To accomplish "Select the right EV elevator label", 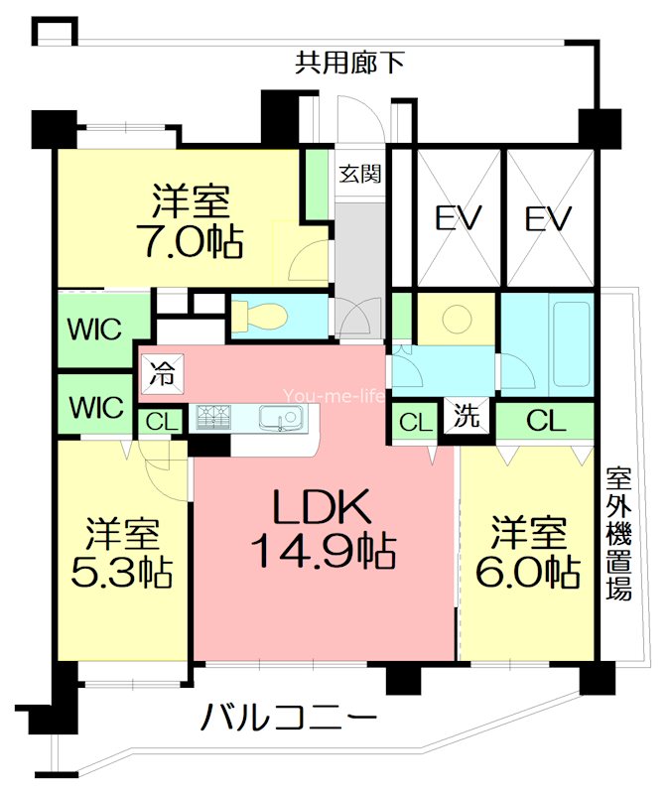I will (x=550, y=217).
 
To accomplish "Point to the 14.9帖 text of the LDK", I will (x=324, y=549).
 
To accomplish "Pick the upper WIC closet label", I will (x=95, y=327).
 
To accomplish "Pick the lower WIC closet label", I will (x=95, y=406).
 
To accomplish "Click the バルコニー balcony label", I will (x=289, y=717).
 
